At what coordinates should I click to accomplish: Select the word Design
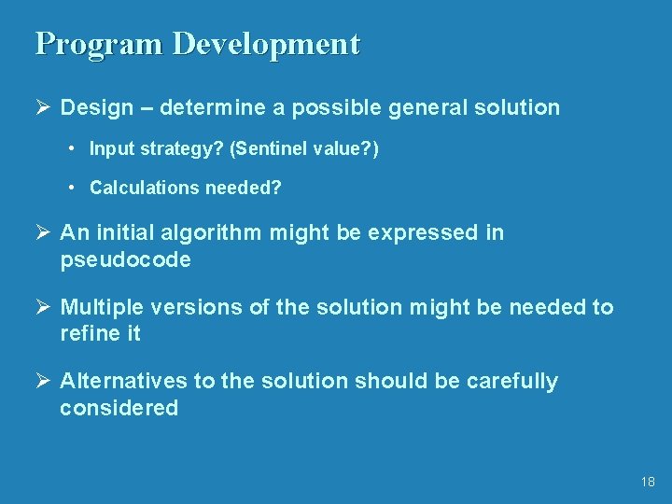(x=97, y=107)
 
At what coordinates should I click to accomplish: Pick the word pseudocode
(x=125, y=259)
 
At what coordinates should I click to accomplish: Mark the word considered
(x=119, y=408)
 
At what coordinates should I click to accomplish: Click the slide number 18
(x=649, y=482)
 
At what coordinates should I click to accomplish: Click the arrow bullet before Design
(x=43, y=107)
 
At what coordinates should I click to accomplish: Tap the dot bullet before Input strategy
(x=72, y=148)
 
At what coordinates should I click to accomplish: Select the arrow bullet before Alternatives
(x=43, y=381)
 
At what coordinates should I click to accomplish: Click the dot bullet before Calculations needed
(x=72, y=188)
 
